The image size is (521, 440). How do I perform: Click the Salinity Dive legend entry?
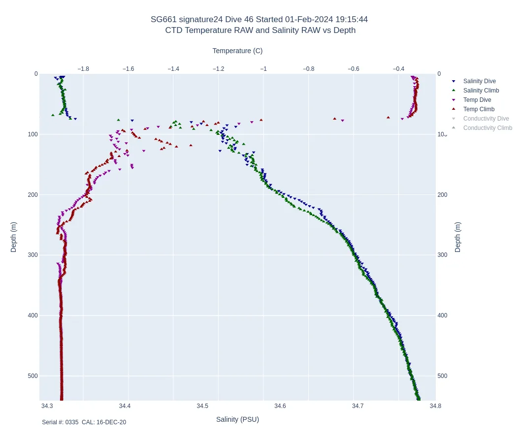(x=479, y=81)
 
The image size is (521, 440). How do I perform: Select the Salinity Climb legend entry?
(x=481, y=91)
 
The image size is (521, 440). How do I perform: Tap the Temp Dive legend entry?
(x=477, y=100)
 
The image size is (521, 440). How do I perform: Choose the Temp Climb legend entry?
(x=479, y=109)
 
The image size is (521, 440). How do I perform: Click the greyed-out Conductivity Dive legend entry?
(x=486, y=119)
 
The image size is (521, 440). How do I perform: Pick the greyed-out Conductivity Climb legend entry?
(x=488, y=128)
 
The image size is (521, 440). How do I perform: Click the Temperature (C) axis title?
(x=237, y=51)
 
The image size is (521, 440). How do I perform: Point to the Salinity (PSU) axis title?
(x=237, y=419)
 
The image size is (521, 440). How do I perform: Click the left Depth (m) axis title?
(x=14, y=237)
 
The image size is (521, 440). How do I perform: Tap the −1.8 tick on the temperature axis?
(x=83, y=69)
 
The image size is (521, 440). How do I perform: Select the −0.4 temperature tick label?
(x=399, y=69)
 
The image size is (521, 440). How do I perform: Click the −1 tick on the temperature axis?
(x=263, y=69)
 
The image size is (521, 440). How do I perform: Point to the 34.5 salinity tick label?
(x=202, y=406)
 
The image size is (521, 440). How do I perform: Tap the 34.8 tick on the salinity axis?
(x=435, y=406)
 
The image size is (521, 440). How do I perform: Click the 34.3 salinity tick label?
(x=47, y=406)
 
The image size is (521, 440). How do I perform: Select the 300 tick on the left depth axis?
(x=33, y=255)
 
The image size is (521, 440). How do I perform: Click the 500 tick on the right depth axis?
(x=442, y=376)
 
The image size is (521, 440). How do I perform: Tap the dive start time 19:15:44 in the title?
(x=351, y=20)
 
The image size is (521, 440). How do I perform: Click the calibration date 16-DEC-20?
(x=111, y=422)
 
